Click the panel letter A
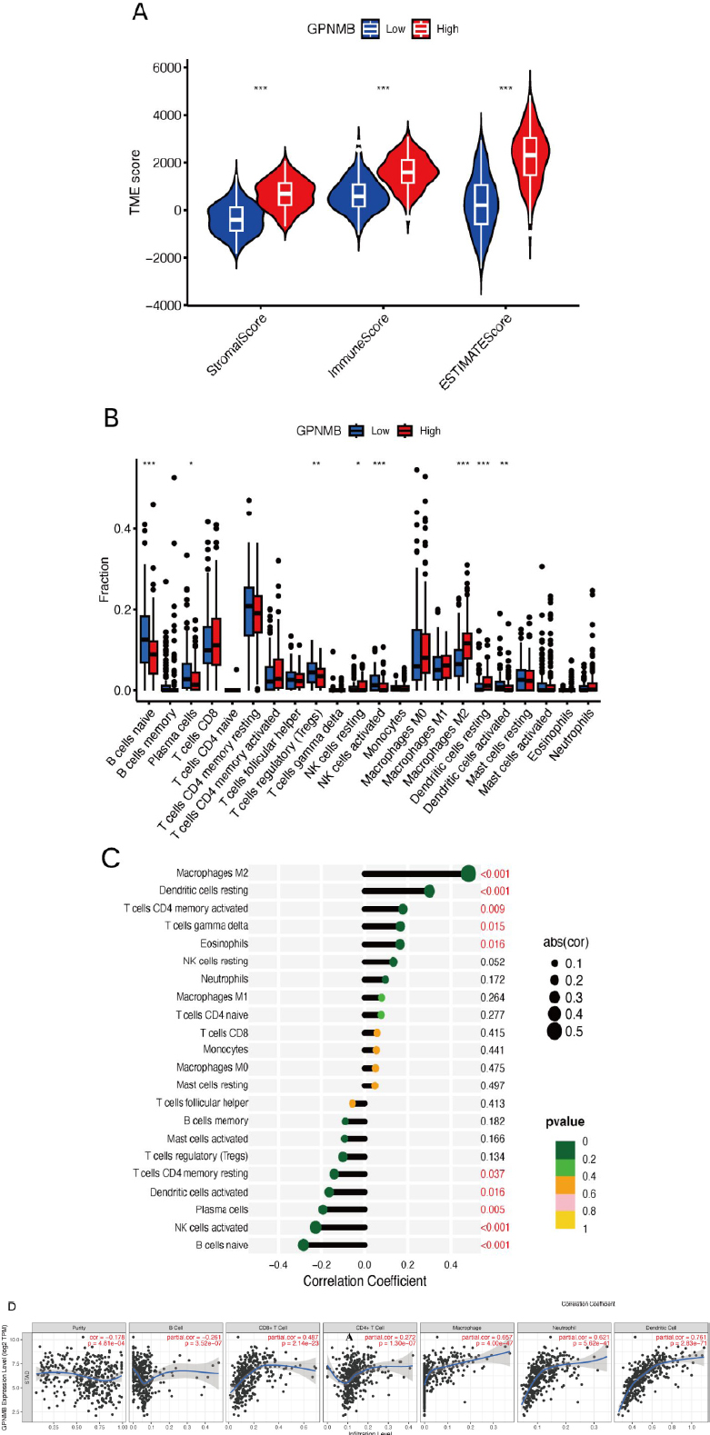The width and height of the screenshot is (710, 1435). click(140, 12)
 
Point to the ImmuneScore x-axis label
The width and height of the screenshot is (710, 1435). click(360, 346)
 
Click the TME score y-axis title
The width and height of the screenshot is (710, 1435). click(135, 182)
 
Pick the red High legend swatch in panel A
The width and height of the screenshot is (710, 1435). click(421, 29)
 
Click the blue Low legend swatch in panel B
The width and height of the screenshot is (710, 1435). click(356, 430)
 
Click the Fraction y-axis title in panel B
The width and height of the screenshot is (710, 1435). click(104, 580)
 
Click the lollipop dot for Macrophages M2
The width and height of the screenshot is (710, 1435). click(468, 873)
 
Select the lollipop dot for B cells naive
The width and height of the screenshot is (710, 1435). click(304, 1245)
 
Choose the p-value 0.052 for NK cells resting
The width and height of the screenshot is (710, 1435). click(493, 962)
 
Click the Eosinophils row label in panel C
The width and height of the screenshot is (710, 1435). click(224, 943)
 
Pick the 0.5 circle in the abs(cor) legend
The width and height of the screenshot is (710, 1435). click(554, 1031)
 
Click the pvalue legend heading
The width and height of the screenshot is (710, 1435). click(565, 1121)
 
